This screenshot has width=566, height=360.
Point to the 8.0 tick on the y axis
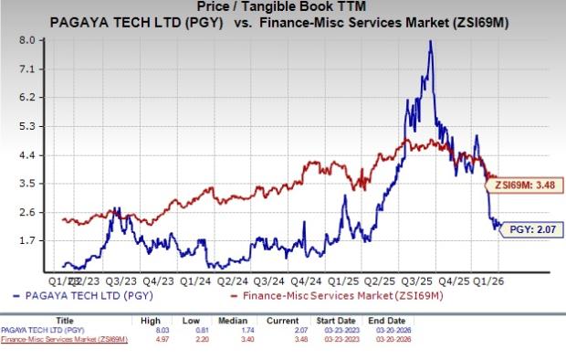tap(26, 40)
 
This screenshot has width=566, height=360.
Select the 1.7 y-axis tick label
tap(26, 240)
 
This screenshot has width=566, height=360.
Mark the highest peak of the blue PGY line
tap(430, 41)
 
